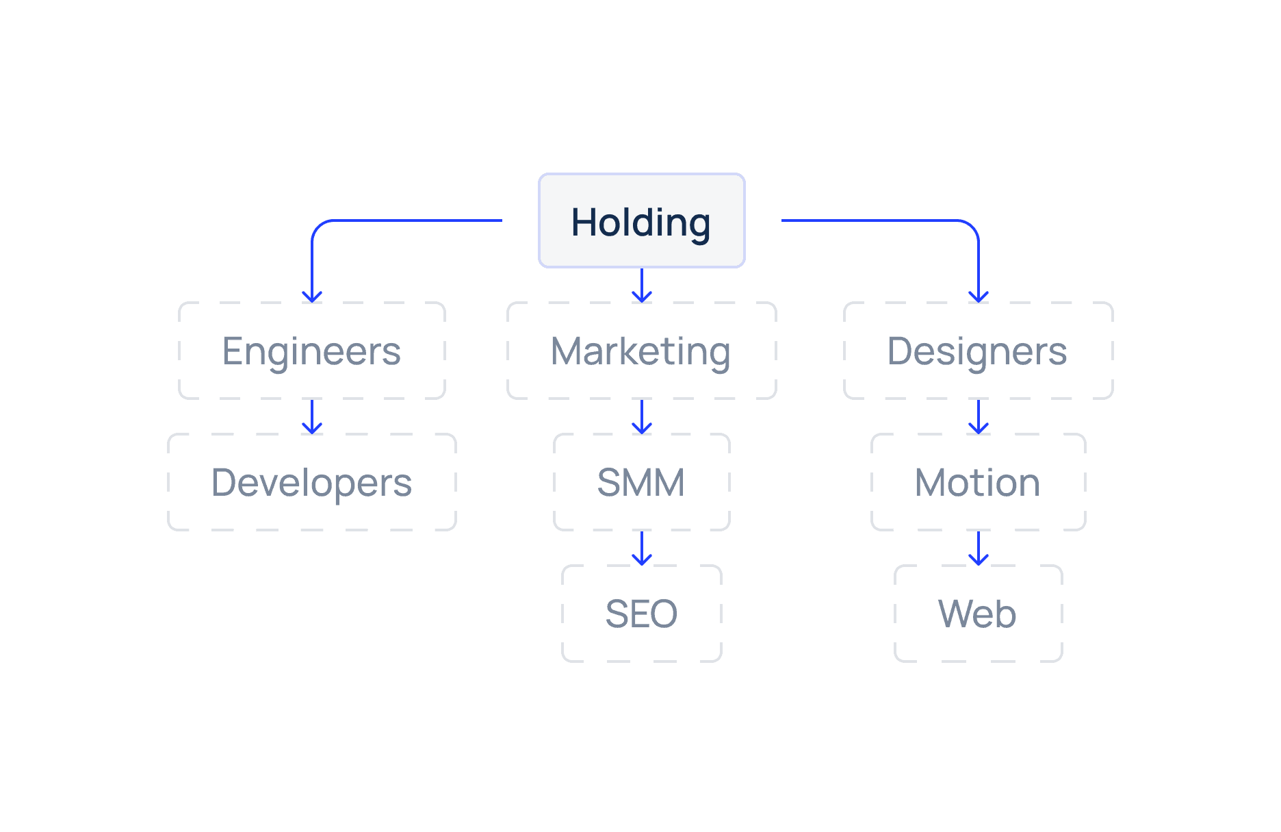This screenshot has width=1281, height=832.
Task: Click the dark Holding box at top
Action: tap(641, 220)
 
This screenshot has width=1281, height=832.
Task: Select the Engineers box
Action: tap(312, 351)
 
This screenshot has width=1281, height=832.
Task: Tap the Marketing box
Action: tap(641, 351)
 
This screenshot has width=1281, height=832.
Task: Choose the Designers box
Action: tap(978, 351)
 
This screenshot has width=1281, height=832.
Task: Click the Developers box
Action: tap(312, 482)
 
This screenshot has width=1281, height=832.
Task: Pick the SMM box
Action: tap(641, 482)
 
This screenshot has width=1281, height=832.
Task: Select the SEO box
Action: tap(641, 614)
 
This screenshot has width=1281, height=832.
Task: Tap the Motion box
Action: tap(978, 482)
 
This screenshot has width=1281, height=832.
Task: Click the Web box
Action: tap(978, 614)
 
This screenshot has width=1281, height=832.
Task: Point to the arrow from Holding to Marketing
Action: tap(641, 284)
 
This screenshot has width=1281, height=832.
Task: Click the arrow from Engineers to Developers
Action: tap(312, 416)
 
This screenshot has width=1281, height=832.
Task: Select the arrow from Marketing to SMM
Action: tap(641, 416)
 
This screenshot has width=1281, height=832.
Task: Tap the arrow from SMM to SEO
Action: tap(641, 548)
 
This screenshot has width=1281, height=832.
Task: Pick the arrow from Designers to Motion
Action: tap(979, 416)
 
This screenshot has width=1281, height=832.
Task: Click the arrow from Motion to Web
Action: tap(979, 548)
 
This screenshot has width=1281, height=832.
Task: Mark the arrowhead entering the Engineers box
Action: tap(312, 297)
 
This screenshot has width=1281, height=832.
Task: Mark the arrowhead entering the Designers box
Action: tap(979, 297)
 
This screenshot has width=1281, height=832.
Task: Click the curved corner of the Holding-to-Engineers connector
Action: tap(318, 227)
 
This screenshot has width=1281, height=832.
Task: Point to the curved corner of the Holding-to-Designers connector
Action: tap(972, 227)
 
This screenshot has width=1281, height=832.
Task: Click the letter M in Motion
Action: tap(931, 482)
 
